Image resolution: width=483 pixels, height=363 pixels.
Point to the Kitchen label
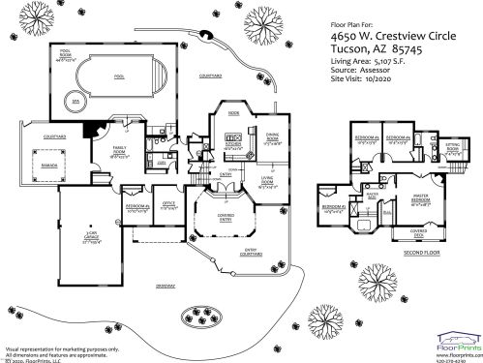pos(233,146)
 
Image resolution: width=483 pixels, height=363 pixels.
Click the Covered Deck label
pos(419,232)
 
